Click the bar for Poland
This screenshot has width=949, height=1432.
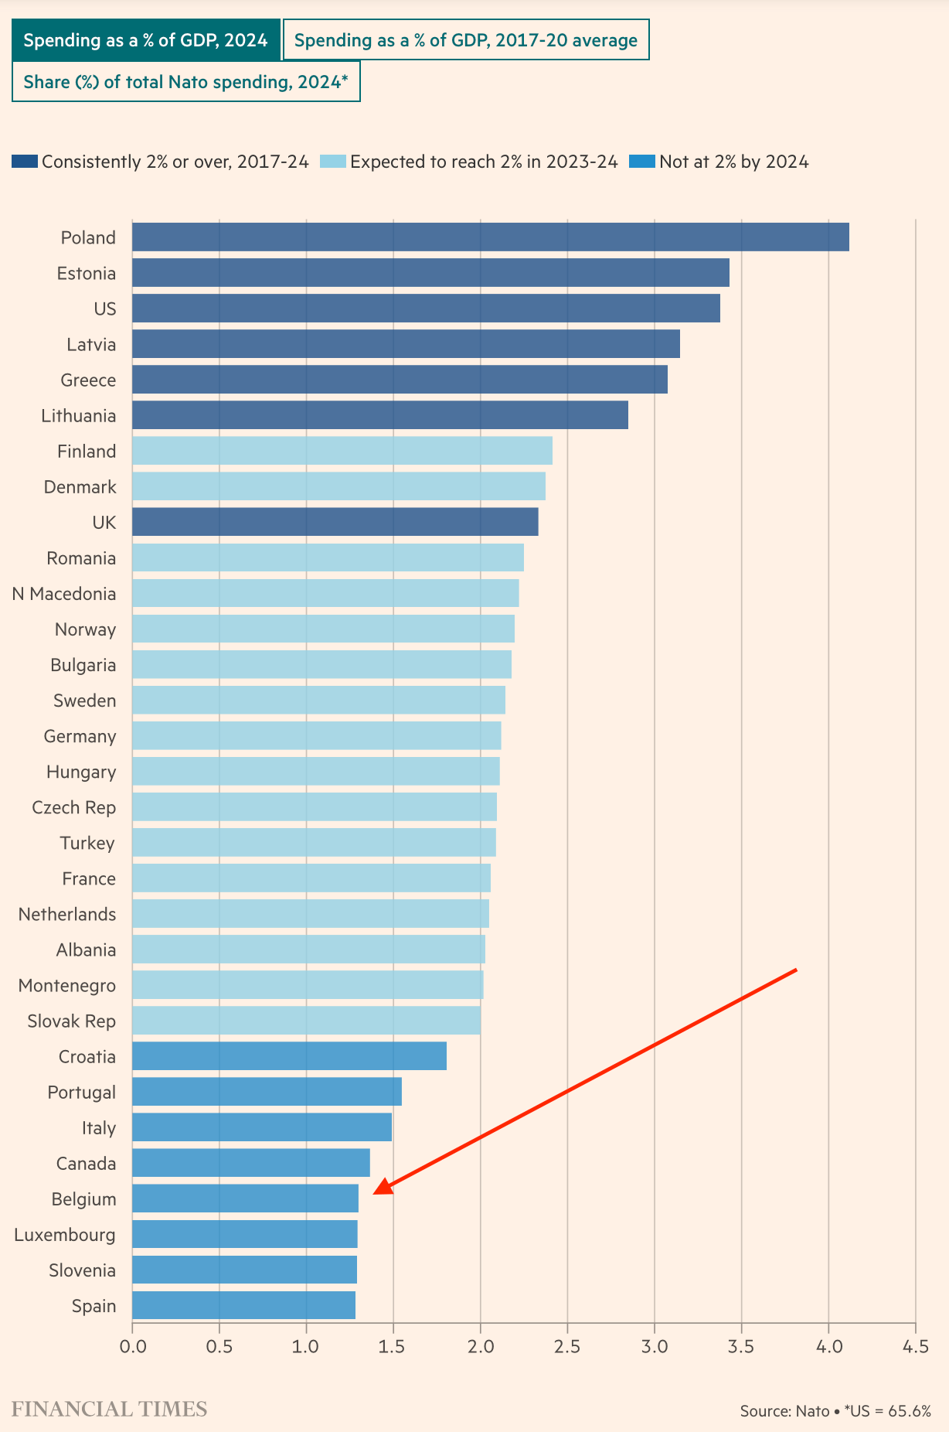tap(490, 237)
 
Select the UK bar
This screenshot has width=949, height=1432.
tap(335, 522)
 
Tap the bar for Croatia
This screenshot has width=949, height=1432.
tap(289, 1056)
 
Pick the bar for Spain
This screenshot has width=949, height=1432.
tap(243, 1305)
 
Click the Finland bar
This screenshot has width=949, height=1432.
tap(342, 451)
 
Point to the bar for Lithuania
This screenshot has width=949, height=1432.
tap(379, 415)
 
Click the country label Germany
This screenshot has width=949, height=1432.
tap(80, 736)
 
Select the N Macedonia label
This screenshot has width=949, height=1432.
tap(64, 594)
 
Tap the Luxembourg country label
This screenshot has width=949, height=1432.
tap(65, 1235)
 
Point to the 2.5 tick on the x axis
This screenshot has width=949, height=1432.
tap(567, 1347)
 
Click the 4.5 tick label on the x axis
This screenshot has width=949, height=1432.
tap(915, 1347)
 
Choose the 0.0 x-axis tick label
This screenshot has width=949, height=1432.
tap(132, 1347)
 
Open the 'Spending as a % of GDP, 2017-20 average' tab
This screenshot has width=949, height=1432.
tap(465, 40)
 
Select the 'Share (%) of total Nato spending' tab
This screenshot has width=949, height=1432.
tap(185, 82)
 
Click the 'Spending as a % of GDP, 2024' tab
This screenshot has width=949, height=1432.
tap(145, 40)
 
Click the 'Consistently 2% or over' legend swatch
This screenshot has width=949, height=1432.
tap(25, 162)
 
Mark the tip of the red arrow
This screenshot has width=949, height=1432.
tap(375, 1193)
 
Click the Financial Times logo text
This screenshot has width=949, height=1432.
tap(109, 1409)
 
